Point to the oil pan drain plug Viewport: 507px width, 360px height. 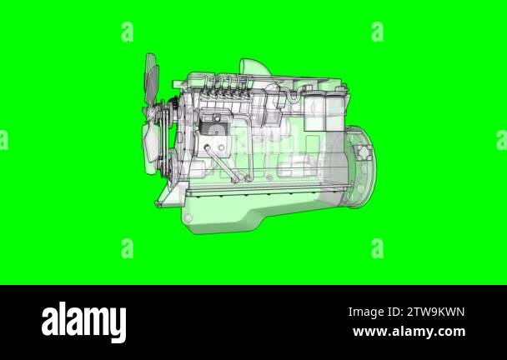point(188,218)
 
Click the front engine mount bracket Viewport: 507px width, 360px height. point(166,197)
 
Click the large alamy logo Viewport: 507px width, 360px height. point(83,322)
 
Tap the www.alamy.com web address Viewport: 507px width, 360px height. point(409,332)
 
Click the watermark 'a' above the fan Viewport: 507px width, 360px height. point(127,32)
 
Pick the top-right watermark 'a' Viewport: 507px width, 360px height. point(378,32)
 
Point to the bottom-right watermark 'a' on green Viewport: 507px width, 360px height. point(378,248)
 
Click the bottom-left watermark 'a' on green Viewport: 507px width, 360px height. point(127,248)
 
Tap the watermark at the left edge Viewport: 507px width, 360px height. point(3,140)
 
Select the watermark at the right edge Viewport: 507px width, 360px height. point(502,140)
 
